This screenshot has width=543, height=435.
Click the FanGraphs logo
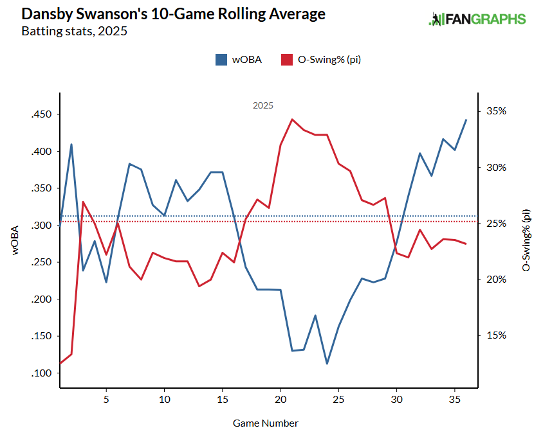tap(477, 19)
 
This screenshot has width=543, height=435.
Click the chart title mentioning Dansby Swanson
tap(173, 14)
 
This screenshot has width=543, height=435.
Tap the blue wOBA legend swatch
tap(221, 60)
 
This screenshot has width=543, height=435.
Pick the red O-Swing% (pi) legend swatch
tap(286, 60)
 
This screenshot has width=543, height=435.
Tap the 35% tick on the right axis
tap(496, 111)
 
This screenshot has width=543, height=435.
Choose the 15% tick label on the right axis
tap(496, 335)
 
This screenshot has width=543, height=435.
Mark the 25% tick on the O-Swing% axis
tap(496, 224)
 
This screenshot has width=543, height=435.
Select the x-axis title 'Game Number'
tap(266, 423)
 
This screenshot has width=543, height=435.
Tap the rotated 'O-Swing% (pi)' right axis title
tap(526, 240)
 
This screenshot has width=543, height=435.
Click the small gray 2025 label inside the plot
tap(262, 105)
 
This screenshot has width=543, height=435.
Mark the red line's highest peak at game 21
tap(292, 119)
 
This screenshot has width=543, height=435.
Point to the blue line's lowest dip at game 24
tap(327, 364)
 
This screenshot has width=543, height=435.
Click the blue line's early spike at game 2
tap(71, 145)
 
